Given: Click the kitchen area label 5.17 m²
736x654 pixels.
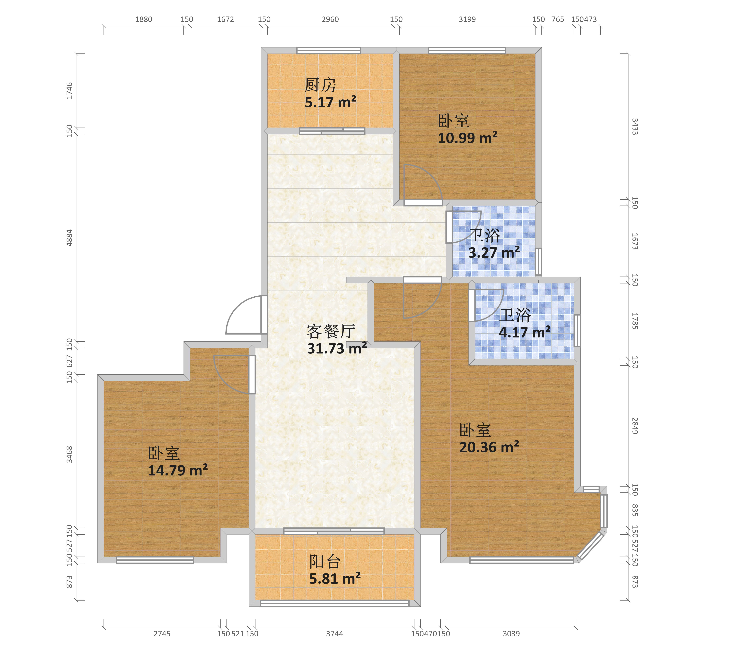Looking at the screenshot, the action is point(330,102).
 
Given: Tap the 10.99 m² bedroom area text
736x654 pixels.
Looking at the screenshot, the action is point(467,138).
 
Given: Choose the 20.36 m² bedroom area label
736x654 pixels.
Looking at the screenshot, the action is point(489,447).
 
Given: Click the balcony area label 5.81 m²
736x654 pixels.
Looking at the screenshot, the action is point(335,579).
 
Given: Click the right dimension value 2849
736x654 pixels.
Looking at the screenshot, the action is point(635,426).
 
